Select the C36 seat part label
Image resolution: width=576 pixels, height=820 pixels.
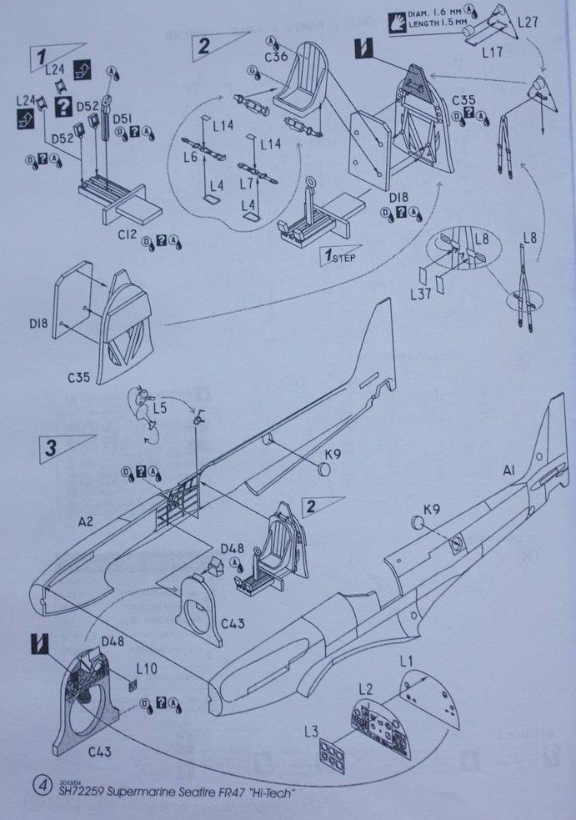click(x=278, y=58)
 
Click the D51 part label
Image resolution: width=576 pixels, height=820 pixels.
click(x=123, y=117)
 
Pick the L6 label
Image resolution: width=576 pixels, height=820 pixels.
click(x=192, y=157)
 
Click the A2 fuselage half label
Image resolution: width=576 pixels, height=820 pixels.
click(x=87, y=522)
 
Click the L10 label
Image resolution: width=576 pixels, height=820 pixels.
click(x=147, y=669)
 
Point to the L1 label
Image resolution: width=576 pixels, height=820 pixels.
click(x=407, y=662)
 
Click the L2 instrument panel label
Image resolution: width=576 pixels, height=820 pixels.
click(x=365, y=689)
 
